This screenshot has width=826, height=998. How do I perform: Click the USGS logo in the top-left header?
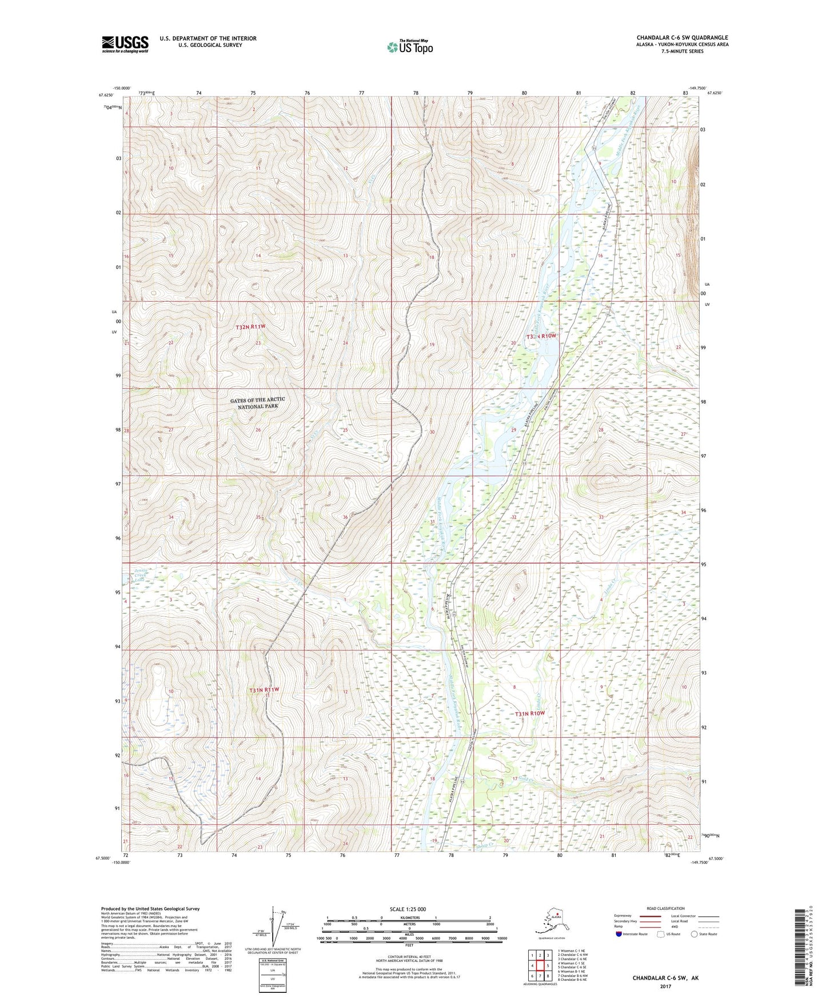(x=125, y=44)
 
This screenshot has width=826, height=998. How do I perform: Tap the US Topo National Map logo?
(x=409, y=47)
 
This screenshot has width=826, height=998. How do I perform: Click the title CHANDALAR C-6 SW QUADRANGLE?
(x=682, y=38)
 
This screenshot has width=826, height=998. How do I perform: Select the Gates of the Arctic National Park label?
(x=257, y=402)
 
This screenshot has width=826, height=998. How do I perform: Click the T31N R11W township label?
(x=264, y=690)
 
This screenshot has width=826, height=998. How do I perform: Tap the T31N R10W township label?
(x=530, y=714)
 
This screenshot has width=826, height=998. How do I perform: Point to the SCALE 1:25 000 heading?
(x=408, y=909)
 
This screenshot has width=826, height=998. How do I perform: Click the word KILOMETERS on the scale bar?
(x=409, y=917)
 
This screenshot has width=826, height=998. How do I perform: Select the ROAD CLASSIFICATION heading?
(x=665, y=908)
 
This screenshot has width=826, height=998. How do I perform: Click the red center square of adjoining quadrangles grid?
(x=540, y=965)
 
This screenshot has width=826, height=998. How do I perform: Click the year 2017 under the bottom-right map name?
(x=665, y=986)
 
